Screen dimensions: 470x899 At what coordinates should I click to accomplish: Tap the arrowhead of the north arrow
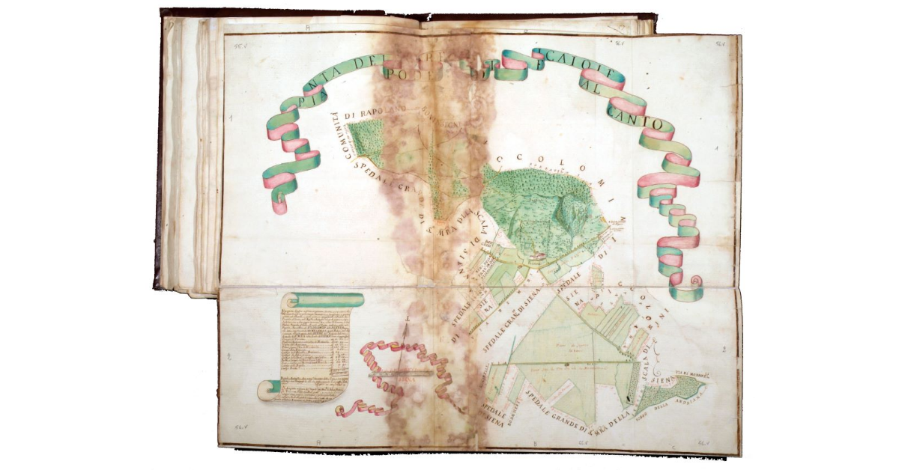[x=408, y=318]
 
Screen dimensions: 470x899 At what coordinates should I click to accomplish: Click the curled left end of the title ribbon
[x=279, y=201]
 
